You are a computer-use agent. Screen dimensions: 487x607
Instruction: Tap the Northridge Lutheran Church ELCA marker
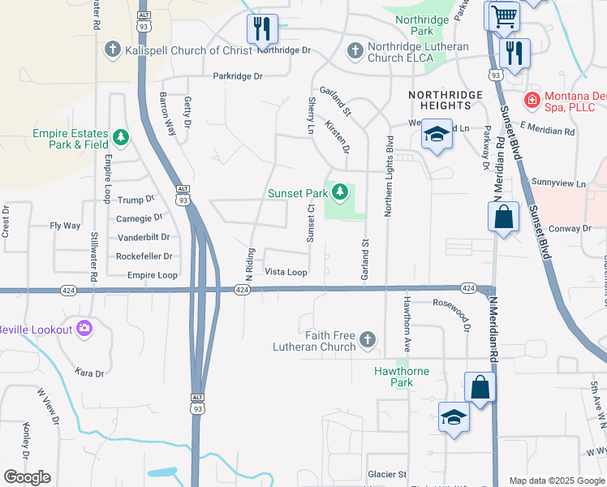tap(354, 51)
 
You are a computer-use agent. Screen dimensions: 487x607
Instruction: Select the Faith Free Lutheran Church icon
tap(368, 339)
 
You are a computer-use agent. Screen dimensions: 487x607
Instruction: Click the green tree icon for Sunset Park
tap(341, 192)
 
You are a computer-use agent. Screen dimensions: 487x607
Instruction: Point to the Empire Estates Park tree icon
tap(121, 137)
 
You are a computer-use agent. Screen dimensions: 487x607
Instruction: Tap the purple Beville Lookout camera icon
tap(83, 329)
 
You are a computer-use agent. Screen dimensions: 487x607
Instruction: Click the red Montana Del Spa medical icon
tap(532, 100)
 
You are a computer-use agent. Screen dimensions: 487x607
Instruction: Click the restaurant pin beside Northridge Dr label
tap(262, 28)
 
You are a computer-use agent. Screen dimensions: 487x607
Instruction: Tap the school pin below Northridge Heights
tap(437, 135)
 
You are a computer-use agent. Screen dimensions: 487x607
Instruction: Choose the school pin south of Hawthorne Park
tap(454, 418)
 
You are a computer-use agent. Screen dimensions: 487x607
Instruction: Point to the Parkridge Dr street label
tap(238, 76)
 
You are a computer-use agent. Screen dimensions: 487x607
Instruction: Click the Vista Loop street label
tap(286, 273)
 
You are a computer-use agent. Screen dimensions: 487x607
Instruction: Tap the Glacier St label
tap(387, 474)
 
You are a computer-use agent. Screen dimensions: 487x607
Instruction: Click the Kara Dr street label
tap(89, 373)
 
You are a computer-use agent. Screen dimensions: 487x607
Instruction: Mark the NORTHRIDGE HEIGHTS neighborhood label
tap(445, 101)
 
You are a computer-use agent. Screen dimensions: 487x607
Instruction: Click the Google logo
tap(27, 477)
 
